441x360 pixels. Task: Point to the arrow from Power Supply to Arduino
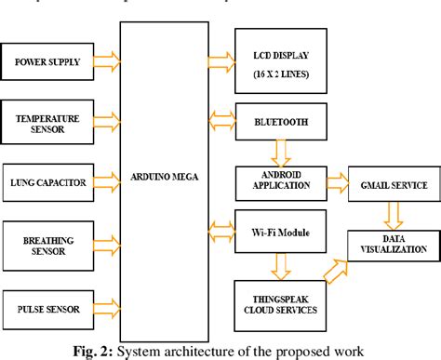point(108,63)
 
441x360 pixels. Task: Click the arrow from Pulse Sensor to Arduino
point(108,307)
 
